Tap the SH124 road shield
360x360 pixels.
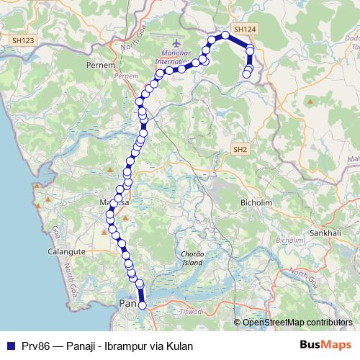[x=246, y=29]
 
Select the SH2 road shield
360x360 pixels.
[x=240, y=148]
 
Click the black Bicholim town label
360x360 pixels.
[x=256, y=204]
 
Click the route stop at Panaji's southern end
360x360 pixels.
[x=142, y=305]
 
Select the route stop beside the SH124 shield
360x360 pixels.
[x=225, y=35]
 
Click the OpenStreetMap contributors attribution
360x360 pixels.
[x=297, y=323]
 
